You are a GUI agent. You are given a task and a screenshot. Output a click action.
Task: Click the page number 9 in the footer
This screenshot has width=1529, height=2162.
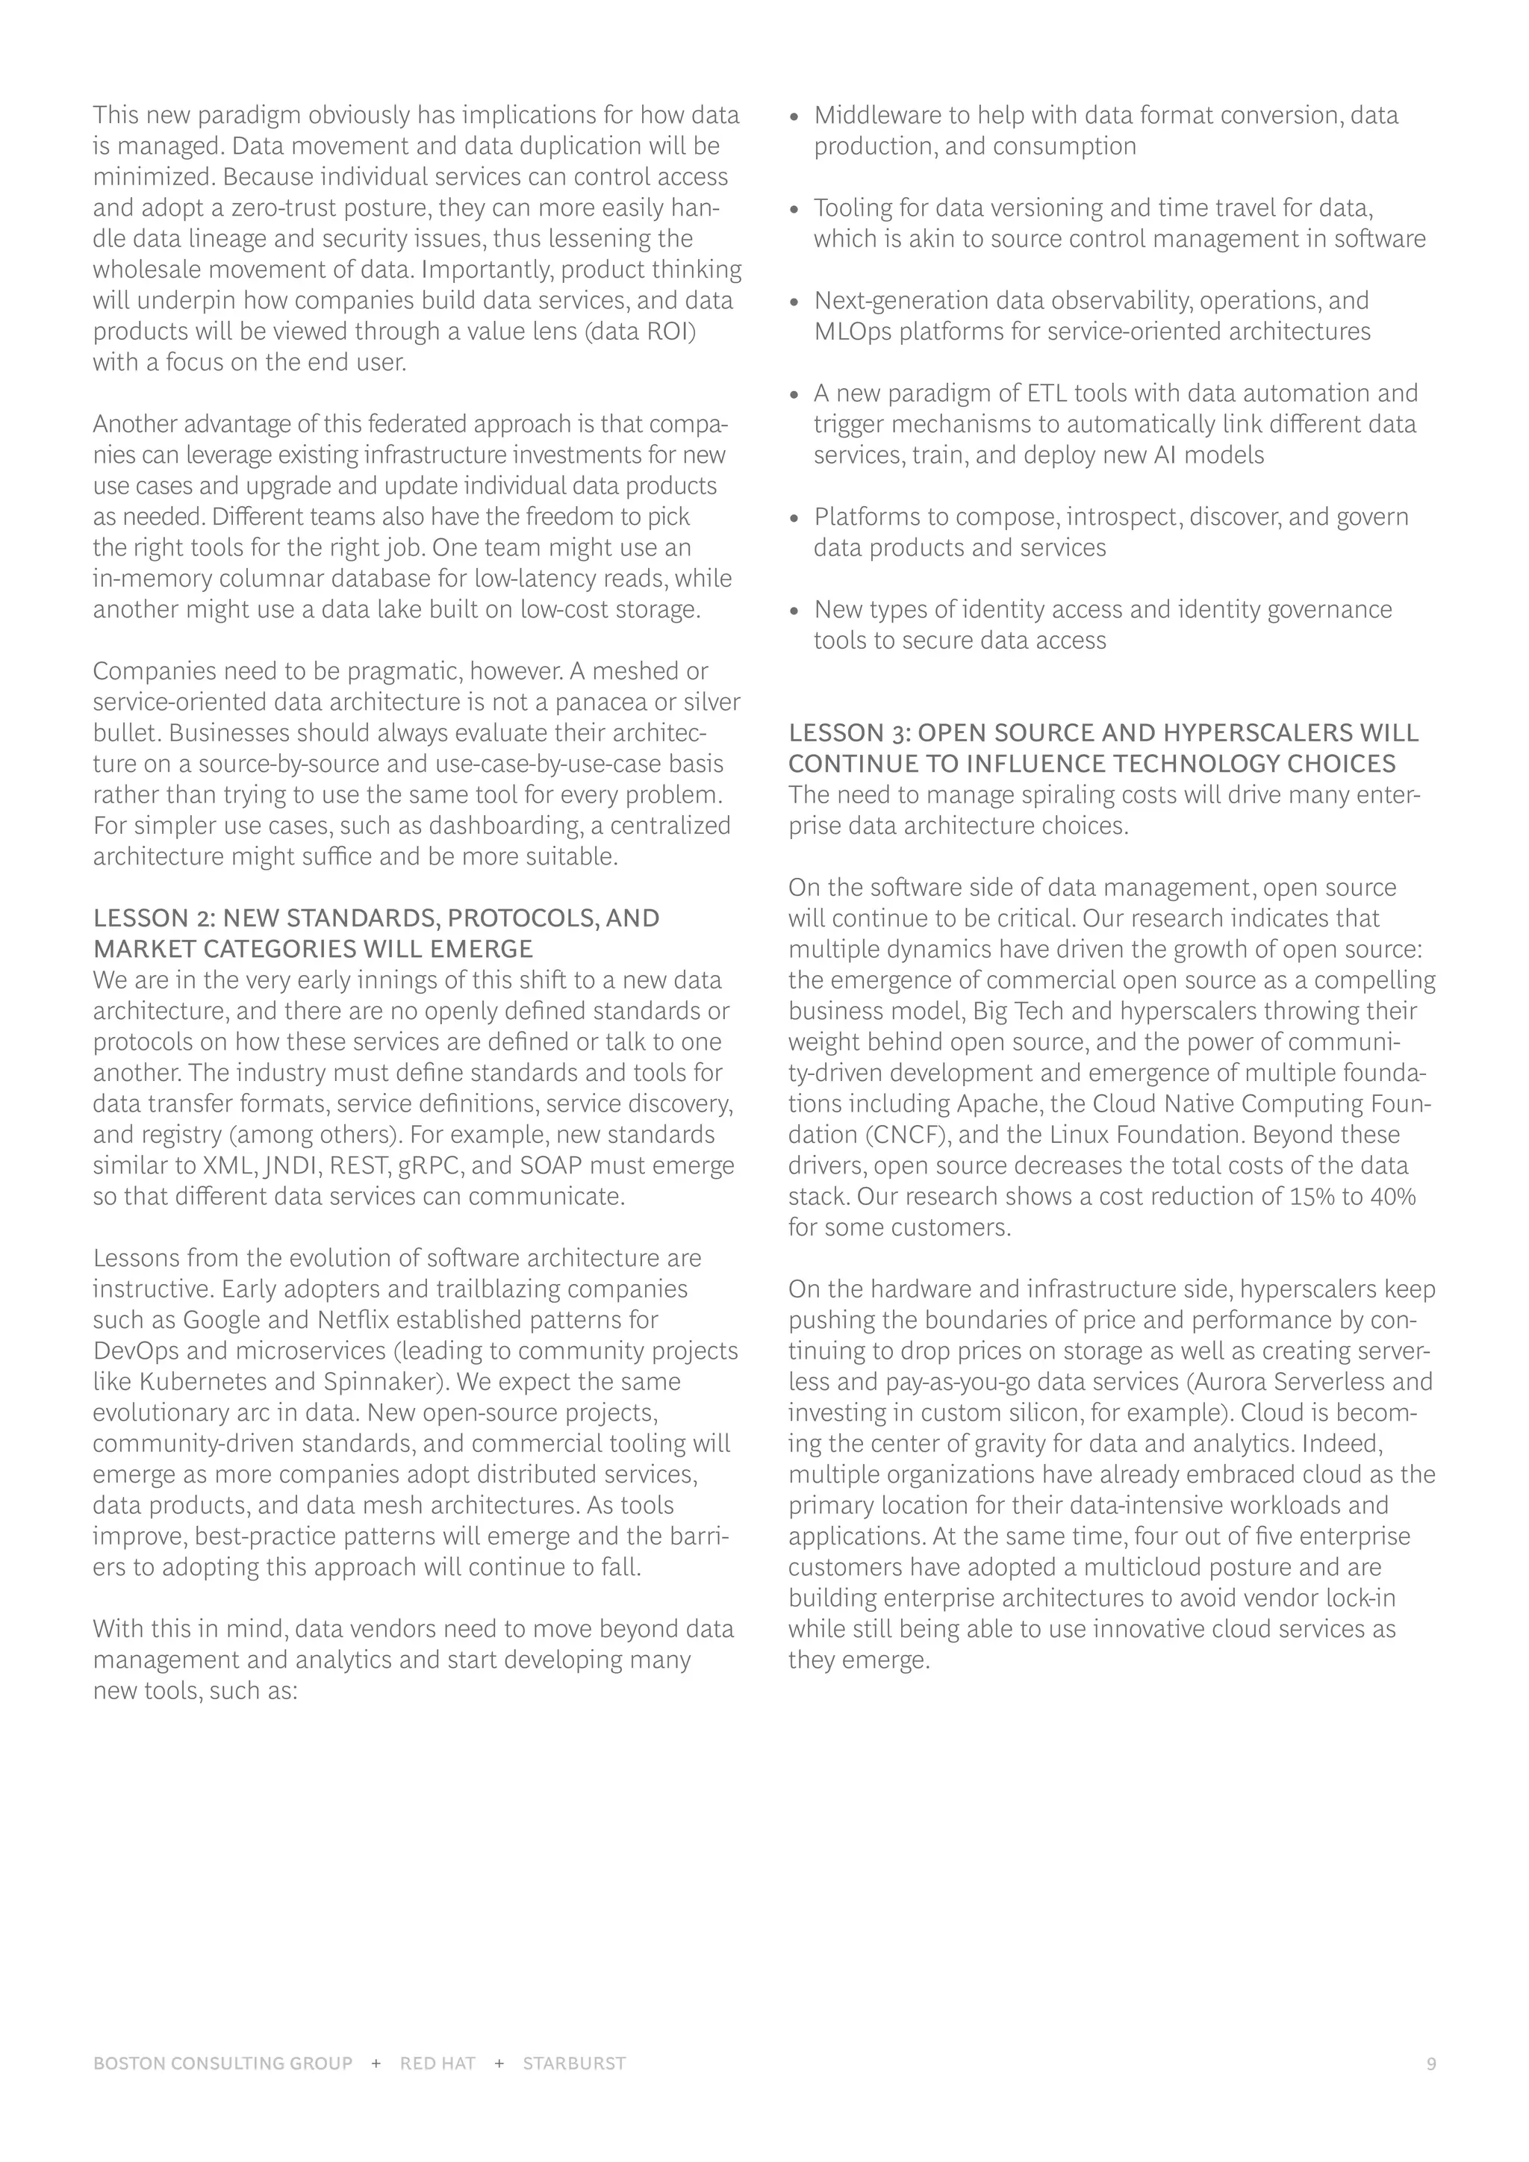tap(1431, 2064)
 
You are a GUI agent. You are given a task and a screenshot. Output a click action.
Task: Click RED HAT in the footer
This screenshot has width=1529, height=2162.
tap(437, 2064)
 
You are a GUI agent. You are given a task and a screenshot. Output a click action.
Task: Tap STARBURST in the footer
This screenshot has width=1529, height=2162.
tap(574, 2064)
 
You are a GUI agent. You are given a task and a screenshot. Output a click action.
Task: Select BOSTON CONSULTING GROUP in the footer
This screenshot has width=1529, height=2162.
tap(223, 2064)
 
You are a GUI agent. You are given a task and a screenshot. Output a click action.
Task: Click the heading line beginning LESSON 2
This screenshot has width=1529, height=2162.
tap(376, 918)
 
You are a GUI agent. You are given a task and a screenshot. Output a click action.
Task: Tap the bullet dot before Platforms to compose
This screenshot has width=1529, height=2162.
tap(794, 519)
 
